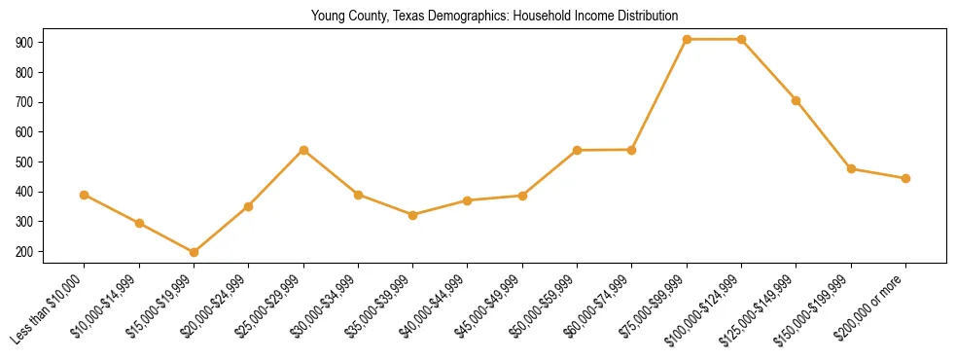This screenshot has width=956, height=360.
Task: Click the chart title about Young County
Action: pos(494,17)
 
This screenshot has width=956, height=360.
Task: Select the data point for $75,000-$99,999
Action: pos(687,40)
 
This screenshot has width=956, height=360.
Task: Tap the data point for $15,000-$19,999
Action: pos(194,252)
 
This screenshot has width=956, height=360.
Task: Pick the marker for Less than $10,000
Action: pos(85,195)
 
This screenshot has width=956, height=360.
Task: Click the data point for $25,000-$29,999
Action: pos(303,150)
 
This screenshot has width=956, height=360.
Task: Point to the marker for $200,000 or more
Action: pos(905,178)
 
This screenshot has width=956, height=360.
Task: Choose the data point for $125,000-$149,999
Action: pos(797,100)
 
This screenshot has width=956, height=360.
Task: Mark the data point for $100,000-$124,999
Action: pos(741,40)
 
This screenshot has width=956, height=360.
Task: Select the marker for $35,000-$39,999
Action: pos(412,215)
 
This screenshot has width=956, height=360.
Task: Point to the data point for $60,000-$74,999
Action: pos(631,150)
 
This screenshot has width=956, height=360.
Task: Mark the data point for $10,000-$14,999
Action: pos(139,223)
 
